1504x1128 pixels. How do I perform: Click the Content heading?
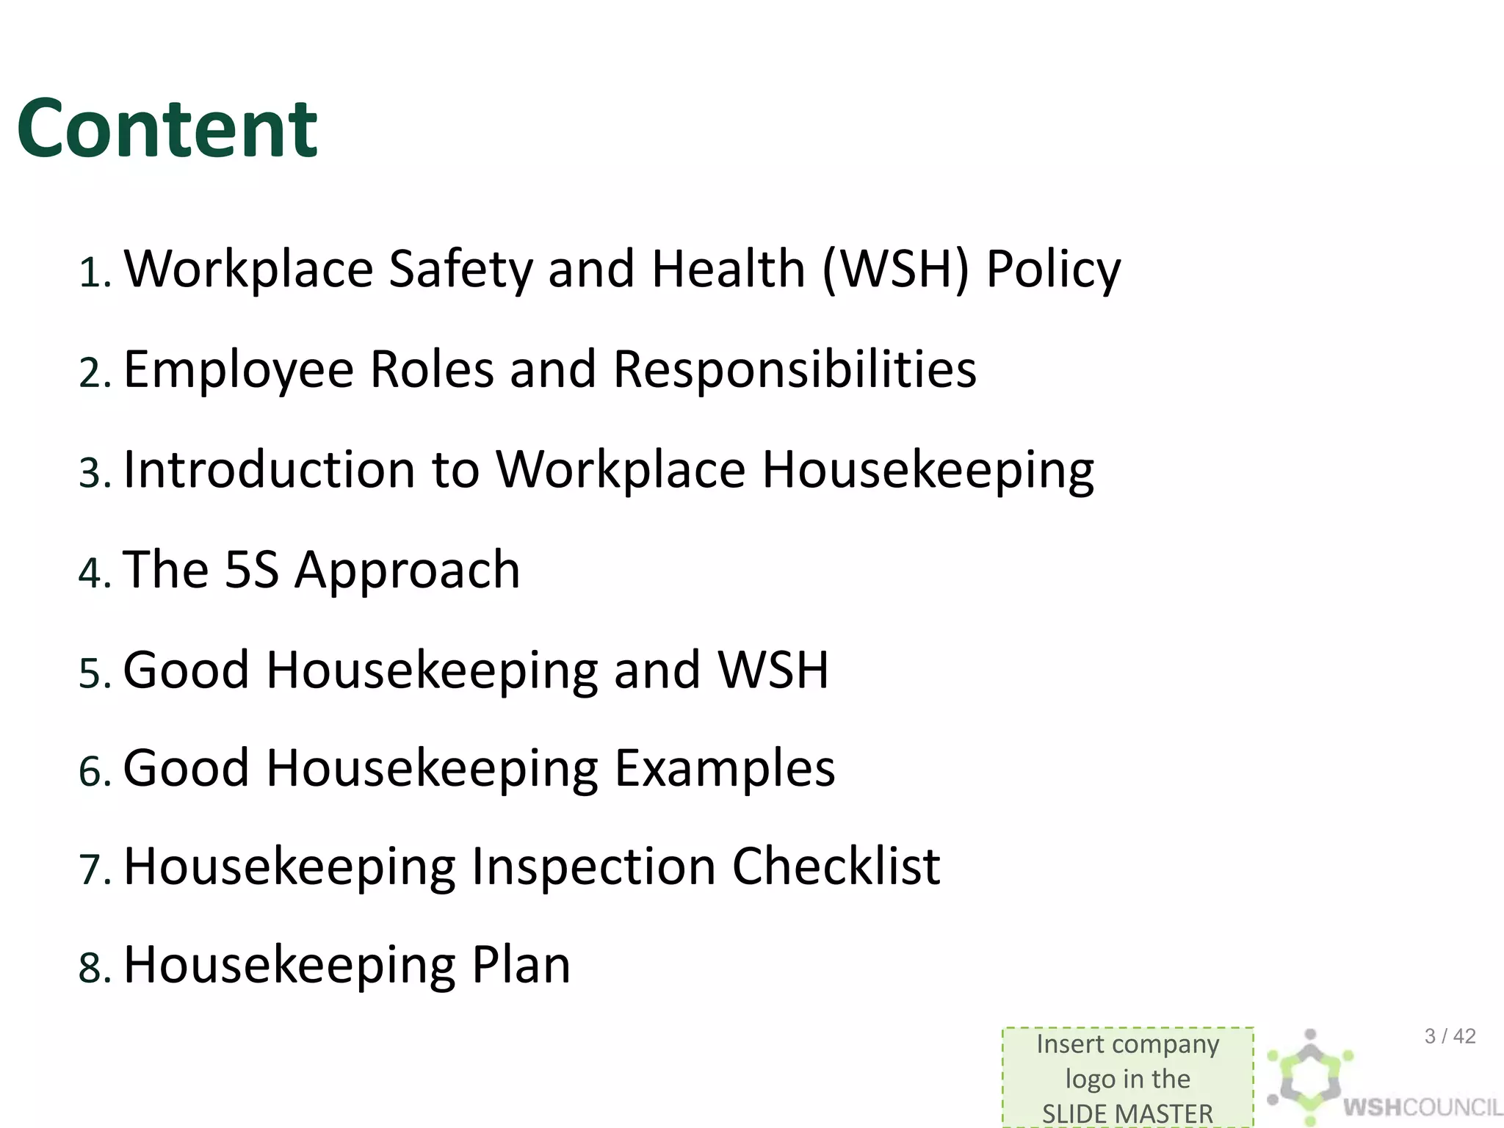tap(167, 129)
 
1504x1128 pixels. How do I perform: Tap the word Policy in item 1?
tap(1053, 270)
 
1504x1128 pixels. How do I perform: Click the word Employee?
tap(239, 369)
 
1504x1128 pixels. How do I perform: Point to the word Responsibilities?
tap(795, 369)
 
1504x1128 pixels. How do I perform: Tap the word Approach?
tap(408, 571)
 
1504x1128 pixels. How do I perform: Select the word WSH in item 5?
tap(773, 670)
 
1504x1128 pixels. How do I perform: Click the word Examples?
tap(725, 769)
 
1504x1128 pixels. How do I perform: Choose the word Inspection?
tap(593, 867)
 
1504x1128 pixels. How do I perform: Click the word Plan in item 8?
tap(521, 965)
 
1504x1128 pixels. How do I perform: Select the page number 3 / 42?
tap(1450, 1036)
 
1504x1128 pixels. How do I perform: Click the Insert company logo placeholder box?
tap(1127, 1077)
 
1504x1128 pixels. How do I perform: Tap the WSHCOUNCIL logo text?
tap(1422, 1107)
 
